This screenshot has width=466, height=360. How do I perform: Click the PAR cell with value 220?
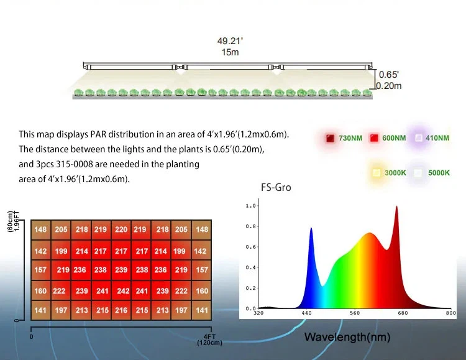(x=121, y=229)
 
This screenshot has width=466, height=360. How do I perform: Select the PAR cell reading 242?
(x=123, y=291)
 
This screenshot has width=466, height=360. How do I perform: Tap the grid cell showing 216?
(x=121, y=310)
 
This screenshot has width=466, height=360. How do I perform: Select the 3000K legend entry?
(x=388, y=172)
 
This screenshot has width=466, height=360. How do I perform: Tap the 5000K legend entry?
(x=431, y=172)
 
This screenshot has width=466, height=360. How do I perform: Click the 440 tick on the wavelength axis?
(x=306, y=314)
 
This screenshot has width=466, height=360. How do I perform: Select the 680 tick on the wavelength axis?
(x=402, y=314)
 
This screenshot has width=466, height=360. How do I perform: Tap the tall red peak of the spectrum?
(x=396, y=208)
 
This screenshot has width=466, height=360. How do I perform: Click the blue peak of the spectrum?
(x=311, y=229)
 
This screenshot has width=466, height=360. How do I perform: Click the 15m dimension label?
(x=229, y=52)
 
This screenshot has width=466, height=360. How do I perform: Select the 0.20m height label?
(x=389, y=86)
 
